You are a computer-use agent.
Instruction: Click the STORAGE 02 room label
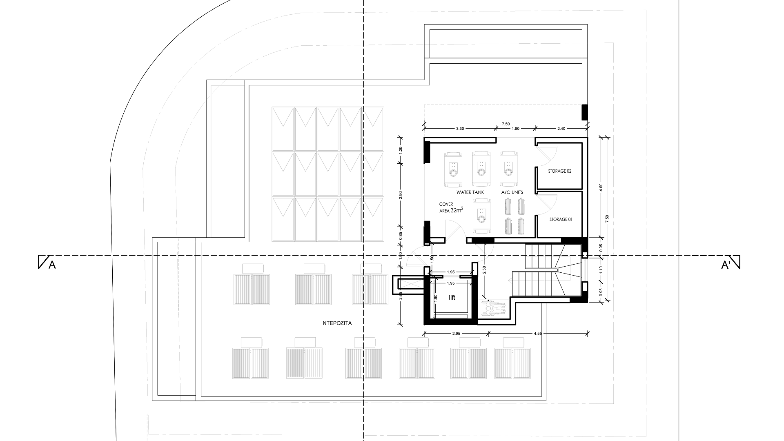click(x=559, y=171)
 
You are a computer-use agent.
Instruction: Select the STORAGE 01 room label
click(x=561, y=219)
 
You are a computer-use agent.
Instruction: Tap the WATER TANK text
click(x=470, y=192)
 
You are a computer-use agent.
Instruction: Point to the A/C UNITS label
click(x=512, y=192)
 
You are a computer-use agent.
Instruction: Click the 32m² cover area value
click(x=457, y=210)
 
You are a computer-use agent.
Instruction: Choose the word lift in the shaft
click(x=452, y=298)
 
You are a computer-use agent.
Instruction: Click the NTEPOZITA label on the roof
click(x=336, y=323)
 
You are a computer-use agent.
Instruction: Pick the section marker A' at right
click(x=726, y=266)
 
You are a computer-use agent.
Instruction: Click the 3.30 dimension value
click(x=460, y=129)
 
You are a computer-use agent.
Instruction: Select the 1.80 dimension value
click(x=515, y=129)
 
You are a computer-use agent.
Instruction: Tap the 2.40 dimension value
click(x=561, y=129)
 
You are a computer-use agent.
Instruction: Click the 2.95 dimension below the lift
click(x=456, y=334)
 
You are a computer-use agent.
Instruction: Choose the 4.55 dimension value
click(x=538, y=334)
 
